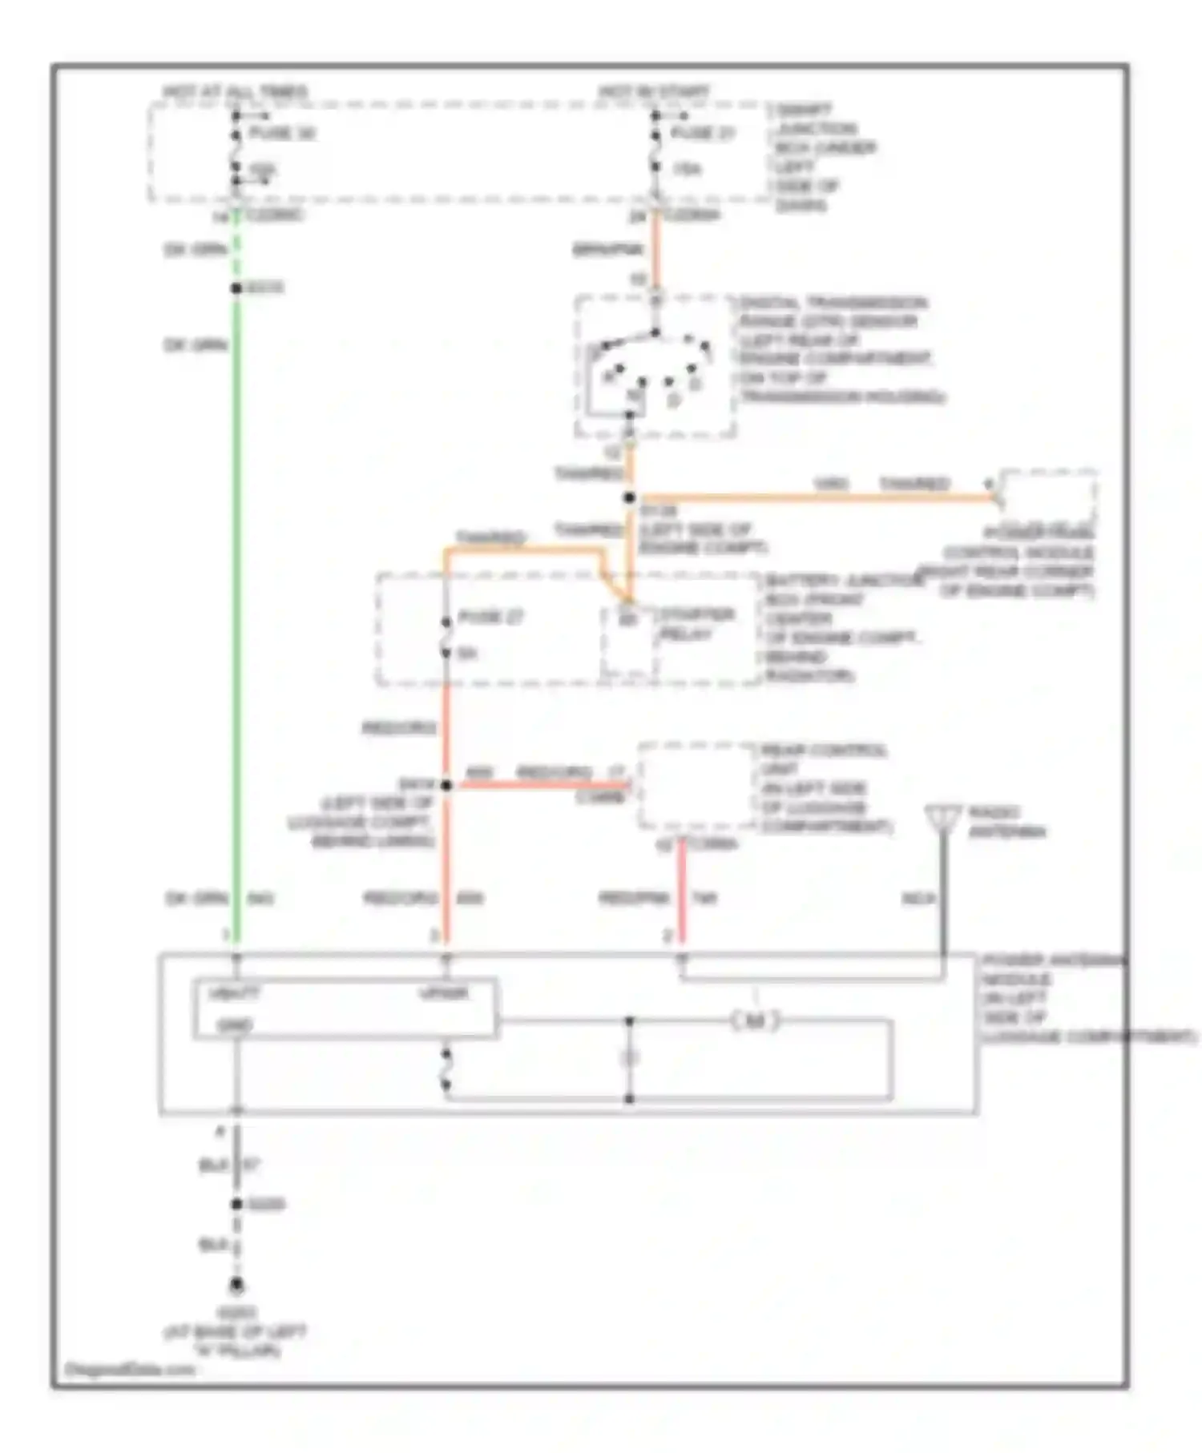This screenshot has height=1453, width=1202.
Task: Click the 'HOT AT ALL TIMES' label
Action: (236, 91)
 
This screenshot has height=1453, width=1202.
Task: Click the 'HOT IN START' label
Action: (653, 91)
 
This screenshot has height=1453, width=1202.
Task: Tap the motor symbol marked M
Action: (755, 1021)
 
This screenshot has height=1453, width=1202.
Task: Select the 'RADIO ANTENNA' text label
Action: (1006, 823)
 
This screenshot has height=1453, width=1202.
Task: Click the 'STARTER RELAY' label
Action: (696, 625)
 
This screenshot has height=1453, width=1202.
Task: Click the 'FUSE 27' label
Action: (490, 618)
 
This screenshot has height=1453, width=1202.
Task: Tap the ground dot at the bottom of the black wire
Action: (236, 1286)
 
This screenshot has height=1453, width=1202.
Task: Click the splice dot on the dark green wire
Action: (236, 288)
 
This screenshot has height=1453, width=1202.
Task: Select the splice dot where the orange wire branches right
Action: (630, 498)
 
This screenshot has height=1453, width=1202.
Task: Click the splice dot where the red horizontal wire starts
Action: (446, 786)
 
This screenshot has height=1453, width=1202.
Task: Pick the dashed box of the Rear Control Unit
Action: (696, 785)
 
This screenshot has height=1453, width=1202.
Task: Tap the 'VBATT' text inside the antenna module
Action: (234, 994)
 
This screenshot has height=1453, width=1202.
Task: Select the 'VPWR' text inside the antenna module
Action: (444, 994)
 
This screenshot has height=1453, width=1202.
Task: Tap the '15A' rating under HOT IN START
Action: (686, 169)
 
